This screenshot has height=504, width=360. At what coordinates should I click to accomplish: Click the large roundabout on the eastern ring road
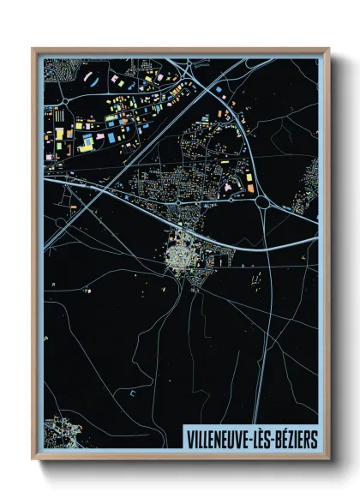coord(261,202)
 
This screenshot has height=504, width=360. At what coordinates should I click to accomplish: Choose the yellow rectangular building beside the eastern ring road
coord(249,178)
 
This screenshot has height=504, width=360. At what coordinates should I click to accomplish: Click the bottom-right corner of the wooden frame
coord(328,460)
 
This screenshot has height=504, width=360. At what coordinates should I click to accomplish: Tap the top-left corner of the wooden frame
coord(33,48)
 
